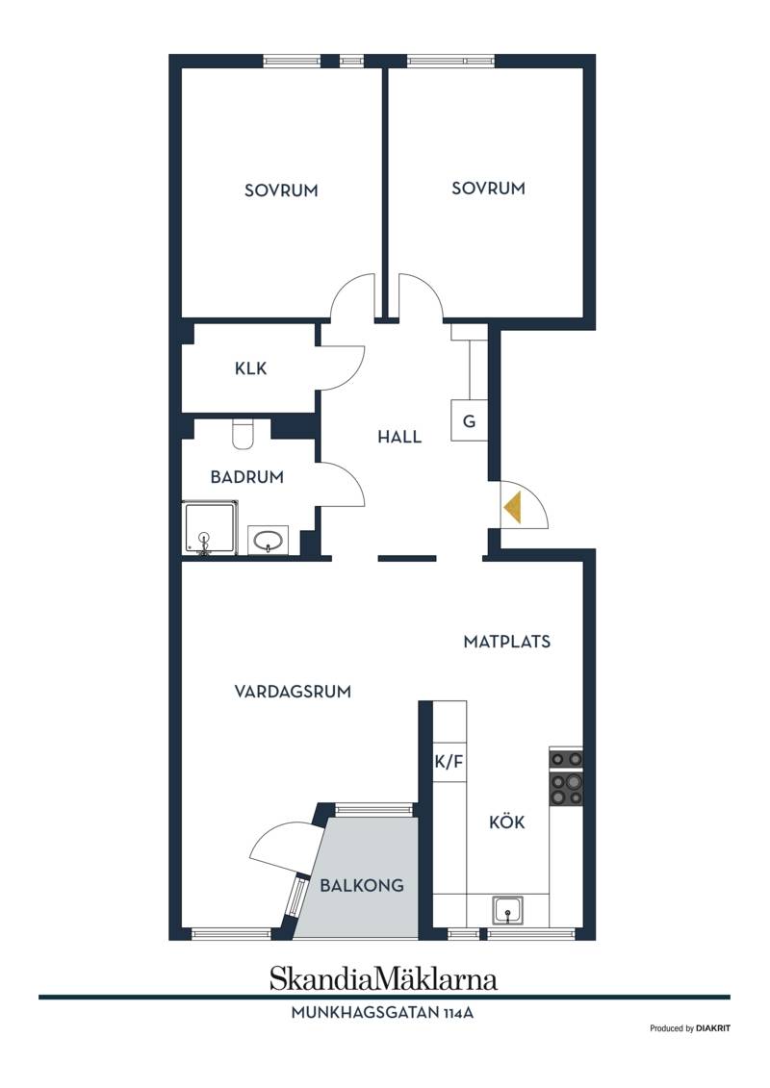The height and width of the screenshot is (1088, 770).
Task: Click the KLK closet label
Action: point(250,367)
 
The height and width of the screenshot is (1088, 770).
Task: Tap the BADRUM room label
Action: point(247,477)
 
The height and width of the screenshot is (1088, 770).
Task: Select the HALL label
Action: point(399,437)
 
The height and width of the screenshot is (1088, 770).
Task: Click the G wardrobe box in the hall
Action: point(470,420)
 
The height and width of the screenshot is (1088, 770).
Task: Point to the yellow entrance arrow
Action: point(513,507)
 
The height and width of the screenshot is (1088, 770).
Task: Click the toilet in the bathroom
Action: point(243,434)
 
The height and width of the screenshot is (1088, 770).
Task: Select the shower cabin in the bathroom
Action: point(211,529)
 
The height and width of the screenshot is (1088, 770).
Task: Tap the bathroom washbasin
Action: point(268,540)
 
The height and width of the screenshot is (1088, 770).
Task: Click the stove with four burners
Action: point(566,777)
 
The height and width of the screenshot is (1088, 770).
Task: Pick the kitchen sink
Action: point(509,910)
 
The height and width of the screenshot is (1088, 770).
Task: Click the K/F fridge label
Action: point(449,762)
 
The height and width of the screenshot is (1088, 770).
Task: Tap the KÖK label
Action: point(507,822)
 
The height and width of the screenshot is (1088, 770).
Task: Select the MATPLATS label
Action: point(507,641)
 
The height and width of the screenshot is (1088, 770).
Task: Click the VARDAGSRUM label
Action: point(293,691)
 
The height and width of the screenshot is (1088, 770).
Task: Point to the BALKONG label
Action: point(362,885)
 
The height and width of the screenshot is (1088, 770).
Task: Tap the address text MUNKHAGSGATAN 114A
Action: point(382,1012)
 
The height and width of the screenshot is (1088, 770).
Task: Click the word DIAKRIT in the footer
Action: point(713,1028)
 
